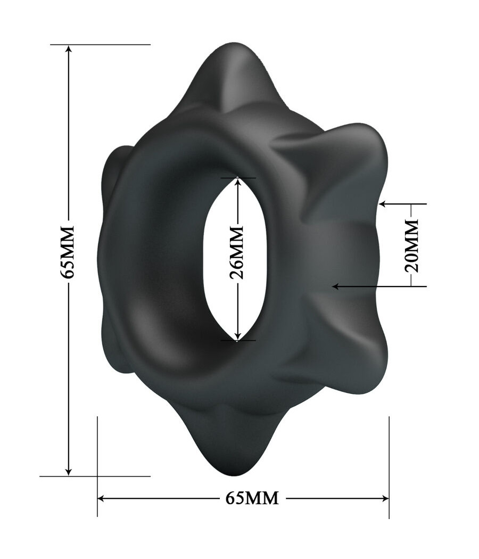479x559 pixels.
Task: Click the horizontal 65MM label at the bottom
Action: tap(252, 498)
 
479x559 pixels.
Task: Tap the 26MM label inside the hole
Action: tap(237, 252)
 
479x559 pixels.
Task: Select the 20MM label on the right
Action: tap(412, 245)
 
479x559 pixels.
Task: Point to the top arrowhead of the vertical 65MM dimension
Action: tap(68, 50)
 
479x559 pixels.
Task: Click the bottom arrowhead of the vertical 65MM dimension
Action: tap(68, 471)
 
